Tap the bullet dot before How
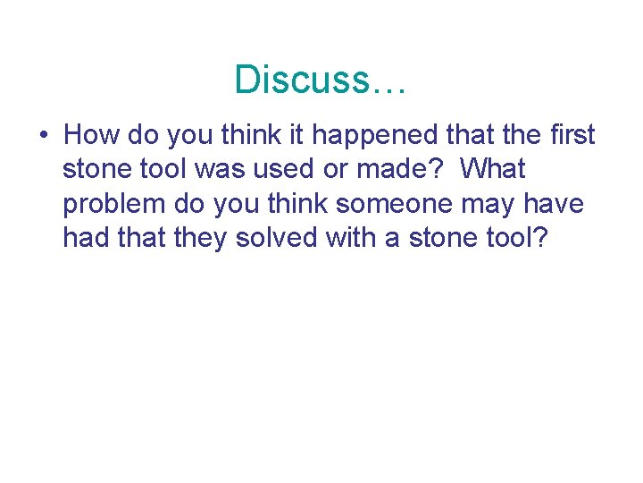[x=44, y=136]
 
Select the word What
[x=494, y=169]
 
